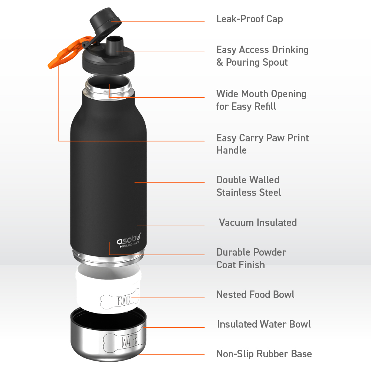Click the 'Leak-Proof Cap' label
249,19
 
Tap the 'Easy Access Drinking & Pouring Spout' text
262,56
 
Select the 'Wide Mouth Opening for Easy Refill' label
261,100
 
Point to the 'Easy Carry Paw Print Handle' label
262,144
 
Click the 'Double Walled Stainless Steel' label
249,186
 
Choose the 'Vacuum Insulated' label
257,223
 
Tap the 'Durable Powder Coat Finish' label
251,258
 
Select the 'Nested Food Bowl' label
255,295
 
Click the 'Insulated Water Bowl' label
264,324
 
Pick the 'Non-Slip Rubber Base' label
264,354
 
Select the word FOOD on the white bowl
124,300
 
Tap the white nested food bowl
108,289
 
